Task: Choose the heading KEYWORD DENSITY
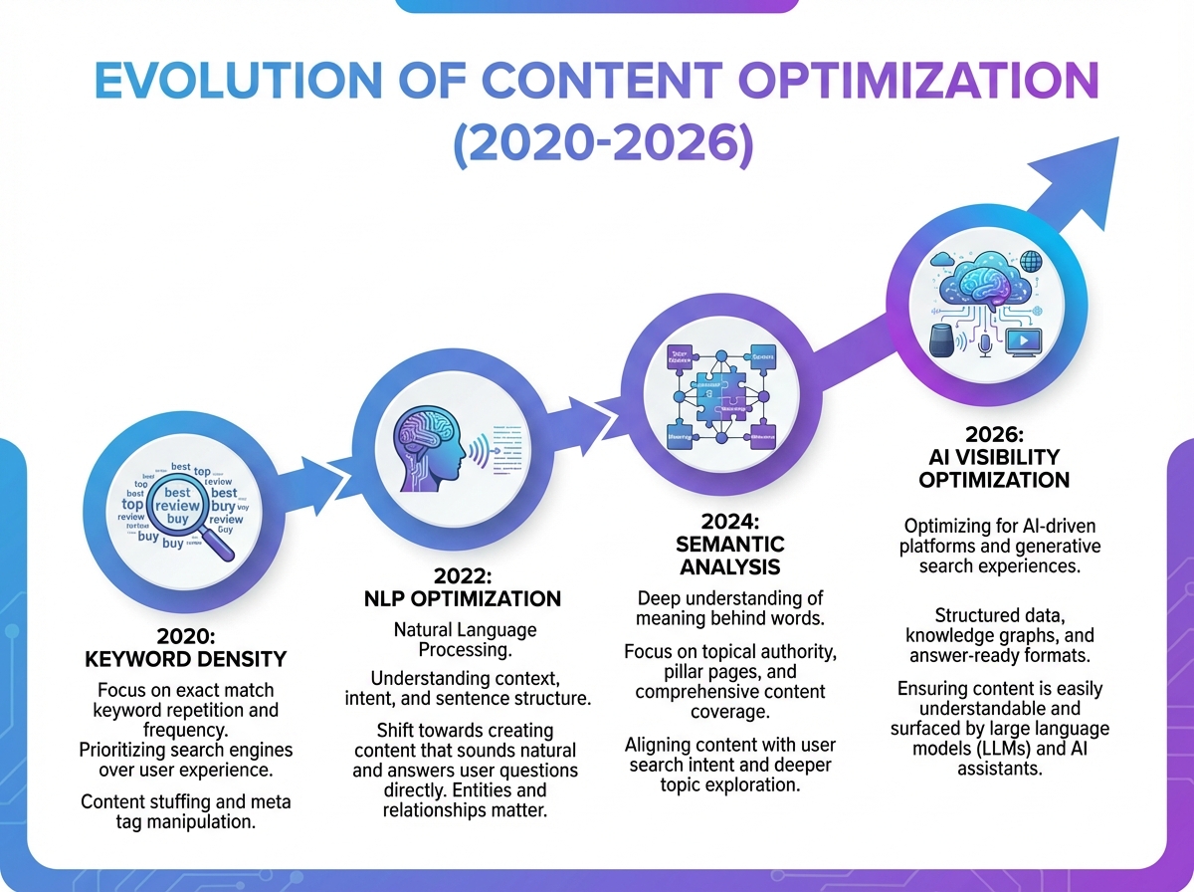pyautogui.click(x=186, y=659)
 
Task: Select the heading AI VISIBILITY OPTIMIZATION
pyautogui.click(x=995, y=468)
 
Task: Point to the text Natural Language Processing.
pyautogui.click(x=466, y=639)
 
